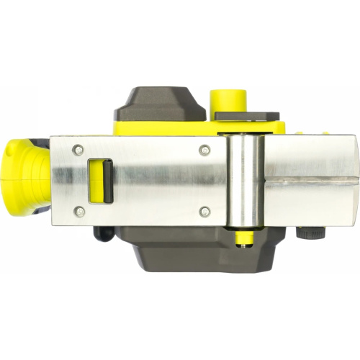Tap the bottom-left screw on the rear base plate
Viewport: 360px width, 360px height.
(80, 211)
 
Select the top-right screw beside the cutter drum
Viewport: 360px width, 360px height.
(205, 149)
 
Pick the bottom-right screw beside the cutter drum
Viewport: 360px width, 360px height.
(205, 211)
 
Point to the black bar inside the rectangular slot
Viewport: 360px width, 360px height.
(105, 179)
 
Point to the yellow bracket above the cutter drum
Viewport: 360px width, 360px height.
(248, 127)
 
